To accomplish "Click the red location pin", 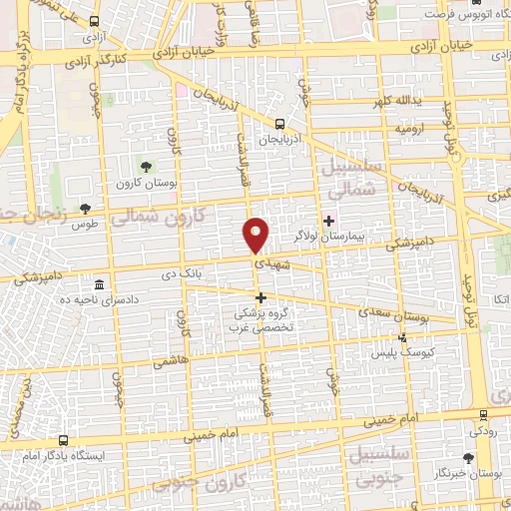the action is pos(257,235).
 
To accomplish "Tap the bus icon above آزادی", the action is pos(94,21).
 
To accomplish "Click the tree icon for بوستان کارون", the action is pos(148,166).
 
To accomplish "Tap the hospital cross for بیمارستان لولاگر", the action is pos(328,220).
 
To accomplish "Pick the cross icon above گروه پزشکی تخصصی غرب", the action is pos(261,297).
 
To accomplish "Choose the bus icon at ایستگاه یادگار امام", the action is pos(65,439).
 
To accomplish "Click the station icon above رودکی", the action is pos(483,413).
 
